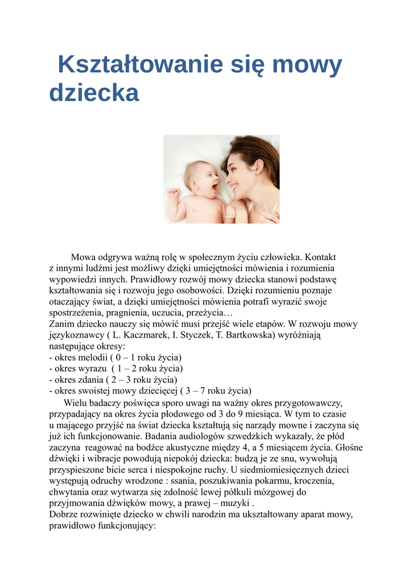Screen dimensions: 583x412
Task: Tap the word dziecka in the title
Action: pyautogui.click(x=94, y=93)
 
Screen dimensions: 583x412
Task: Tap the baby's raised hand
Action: pyautogui.click(x=173, y=195)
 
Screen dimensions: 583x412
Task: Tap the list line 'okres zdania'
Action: pyautogui.click(x=114, y=379)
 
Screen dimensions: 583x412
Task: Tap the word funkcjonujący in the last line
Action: pyautogui.click(x=126, y=526)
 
